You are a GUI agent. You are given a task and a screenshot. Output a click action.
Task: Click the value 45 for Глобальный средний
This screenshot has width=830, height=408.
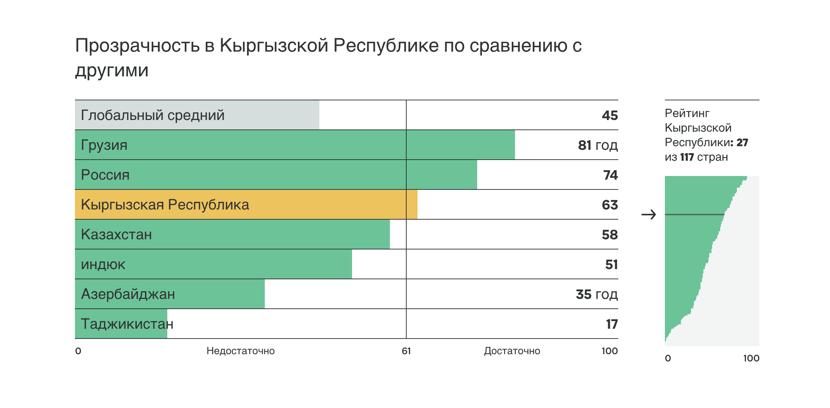pos(610,115)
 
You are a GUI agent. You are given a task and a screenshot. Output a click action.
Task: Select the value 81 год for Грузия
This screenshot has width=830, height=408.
pos(598,145)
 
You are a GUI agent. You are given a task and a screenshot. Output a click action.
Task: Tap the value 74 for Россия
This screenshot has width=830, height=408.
pos(610,175)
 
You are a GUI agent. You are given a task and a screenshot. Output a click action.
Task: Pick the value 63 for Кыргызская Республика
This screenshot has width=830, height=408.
pos(610,205)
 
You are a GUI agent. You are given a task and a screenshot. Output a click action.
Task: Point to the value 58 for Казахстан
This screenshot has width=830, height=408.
pos(610,235)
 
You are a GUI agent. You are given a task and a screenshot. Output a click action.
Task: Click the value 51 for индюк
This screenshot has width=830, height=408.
pos(611,264)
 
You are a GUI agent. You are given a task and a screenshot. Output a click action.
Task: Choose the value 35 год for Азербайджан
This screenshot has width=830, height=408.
pos(596,294)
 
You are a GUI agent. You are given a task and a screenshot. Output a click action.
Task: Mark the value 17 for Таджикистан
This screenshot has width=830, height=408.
pos(612,324)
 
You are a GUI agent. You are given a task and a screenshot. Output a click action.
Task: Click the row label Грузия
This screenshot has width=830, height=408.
pos(104,145)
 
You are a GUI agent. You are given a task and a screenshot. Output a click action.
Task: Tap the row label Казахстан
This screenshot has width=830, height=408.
pos(116,235)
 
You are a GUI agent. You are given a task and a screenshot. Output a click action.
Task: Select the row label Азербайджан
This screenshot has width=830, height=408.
pos(128,294)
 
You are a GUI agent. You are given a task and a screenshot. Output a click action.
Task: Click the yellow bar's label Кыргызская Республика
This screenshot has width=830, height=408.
pos(165,205)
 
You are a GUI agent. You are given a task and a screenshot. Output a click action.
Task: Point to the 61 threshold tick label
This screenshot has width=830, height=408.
pos(406,351)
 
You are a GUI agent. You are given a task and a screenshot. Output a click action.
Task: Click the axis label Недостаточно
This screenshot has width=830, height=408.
pos(240,351)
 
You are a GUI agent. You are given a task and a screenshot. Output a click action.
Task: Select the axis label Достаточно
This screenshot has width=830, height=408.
pos(512,351)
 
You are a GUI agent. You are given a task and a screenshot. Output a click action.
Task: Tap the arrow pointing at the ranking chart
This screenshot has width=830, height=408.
pos(649,215)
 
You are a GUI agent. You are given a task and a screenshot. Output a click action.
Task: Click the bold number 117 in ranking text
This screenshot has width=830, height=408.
pos(687,157)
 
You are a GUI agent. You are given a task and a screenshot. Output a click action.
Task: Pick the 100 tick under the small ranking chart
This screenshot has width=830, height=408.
pos(751,358)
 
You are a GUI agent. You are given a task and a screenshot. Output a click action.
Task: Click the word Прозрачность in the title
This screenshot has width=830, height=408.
pos(137,46)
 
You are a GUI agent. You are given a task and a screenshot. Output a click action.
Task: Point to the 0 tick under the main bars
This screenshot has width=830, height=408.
pos(78,351)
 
